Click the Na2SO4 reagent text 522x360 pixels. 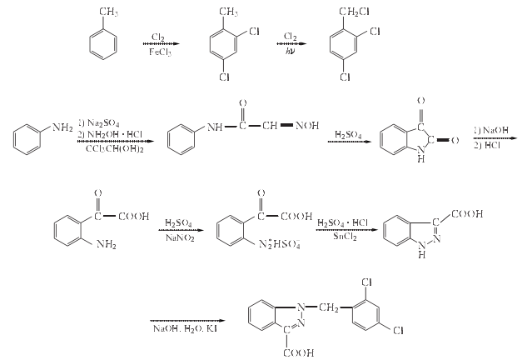103,122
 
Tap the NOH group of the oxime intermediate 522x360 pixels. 311,127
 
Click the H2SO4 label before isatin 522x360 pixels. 349,134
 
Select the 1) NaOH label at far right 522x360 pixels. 490,129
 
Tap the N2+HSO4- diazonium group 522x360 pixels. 281,245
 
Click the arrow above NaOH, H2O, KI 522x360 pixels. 187,320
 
